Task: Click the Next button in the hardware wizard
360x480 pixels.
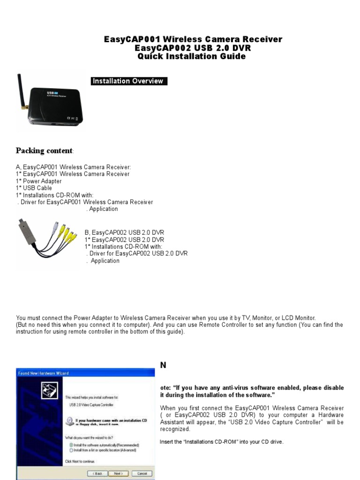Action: (x=118, y=473)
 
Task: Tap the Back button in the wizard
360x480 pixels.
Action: (x=96, y=473)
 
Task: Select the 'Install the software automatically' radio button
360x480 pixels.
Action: (x=71, y=444)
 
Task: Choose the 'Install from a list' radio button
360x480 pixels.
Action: (x=71, y=450)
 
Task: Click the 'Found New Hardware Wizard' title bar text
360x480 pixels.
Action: (x=43, y=373)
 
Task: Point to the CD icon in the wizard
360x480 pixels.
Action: (x=69, y=421)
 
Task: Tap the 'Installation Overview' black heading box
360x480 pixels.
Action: (x=129, y=81)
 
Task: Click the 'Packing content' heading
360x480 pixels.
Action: (x=45, y=150)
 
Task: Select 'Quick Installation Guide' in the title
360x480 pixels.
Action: (x=191, y=57)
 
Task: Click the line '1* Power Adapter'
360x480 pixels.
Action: (x=38, y=181)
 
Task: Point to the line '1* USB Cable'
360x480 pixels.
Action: (x=34, y=188)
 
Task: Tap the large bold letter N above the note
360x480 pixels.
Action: (x=163, y=365)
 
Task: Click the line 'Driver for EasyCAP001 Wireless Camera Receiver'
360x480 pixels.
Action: (x=86, y=202)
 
